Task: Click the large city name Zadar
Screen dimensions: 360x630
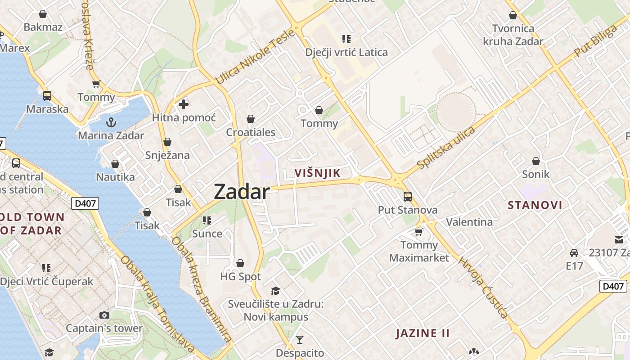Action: point(242,192)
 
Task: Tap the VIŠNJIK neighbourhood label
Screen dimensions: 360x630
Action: point(317,173)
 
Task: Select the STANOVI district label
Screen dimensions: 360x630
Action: point(535,205)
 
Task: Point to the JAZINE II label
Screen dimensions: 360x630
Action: point(423,333)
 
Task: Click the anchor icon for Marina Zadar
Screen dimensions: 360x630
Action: point(111,122)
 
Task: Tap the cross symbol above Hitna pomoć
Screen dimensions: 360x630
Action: point(184,104)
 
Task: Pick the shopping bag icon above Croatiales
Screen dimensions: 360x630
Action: point(251,119)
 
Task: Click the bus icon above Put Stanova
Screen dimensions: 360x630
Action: point(408,196)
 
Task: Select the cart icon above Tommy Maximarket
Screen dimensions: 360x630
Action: point(419,232)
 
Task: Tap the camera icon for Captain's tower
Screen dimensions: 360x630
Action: point(104,315)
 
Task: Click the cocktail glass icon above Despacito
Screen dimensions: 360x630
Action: point(300,339)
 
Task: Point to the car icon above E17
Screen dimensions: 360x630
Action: point(574,252)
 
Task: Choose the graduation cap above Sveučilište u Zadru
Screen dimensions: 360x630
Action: point(275,291)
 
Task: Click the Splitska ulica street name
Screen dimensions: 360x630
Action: point(446,148)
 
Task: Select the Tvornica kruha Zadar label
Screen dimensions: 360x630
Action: point(513,35)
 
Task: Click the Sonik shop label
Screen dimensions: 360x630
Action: point(535,174)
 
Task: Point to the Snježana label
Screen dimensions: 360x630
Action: point(167,155)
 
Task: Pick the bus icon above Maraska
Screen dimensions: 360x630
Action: point(47,95)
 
